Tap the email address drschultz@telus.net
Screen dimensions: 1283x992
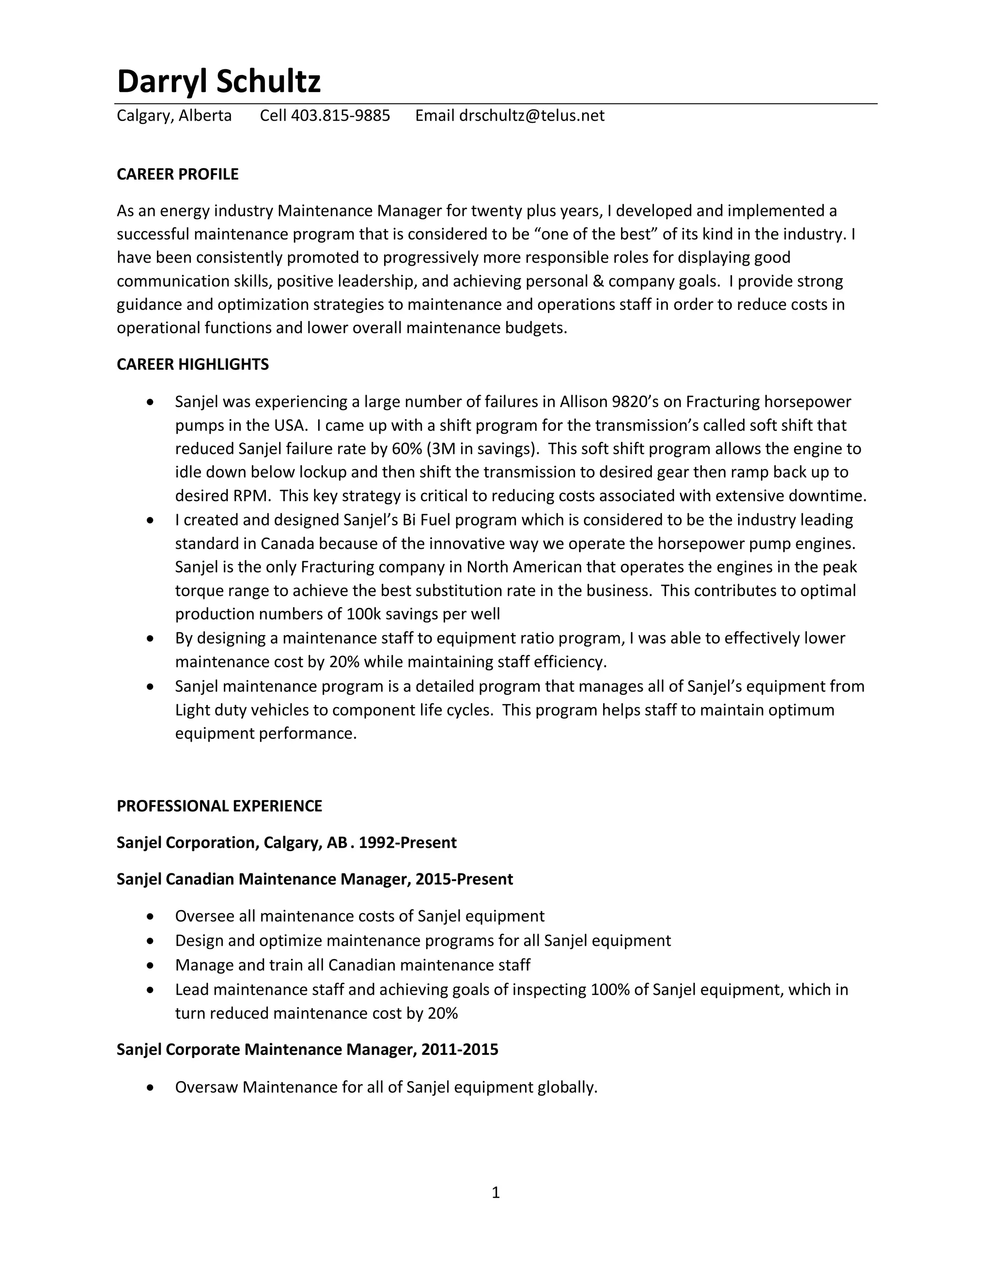[x=531, y=116]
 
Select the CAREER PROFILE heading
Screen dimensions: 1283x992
[x=177, y=174]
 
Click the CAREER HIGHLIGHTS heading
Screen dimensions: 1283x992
[x=193, y=365]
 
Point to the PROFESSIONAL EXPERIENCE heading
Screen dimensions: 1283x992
[x=219, y=806]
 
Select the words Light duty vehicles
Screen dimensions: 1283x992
[x=242, y=710]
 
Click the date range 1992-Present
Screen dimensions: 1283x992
[x=407, y=843]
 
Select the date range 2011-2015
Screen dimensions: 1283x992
[x=459, y=1050]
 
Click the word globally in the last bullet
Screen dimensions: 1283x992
[x=567, y=1087]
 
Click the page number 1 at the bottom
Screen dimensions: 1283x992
[x=496, y=1192]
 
